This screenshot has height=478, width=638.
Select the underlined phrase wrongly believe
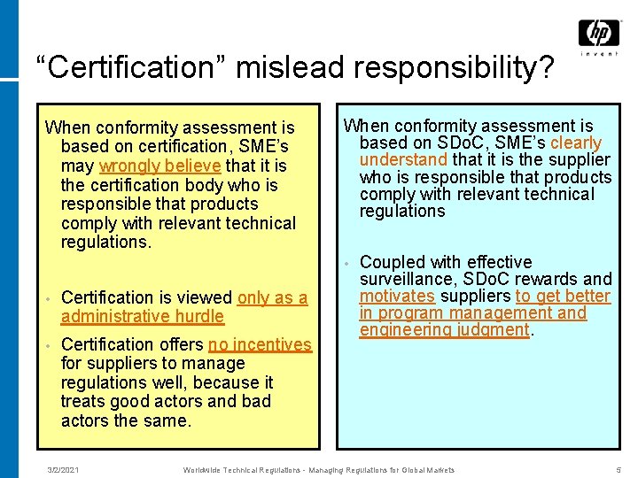[x=159, y=166]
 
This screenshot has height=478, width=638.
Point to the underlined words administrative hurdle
[x=142, y=316]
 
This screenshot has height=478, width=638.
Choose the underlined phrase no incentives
[x=260, y=344]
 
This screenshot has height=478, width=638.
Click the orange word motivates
[x=397, y=296]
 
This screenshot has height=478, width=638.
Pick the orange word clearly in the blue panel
[x=576, y=143]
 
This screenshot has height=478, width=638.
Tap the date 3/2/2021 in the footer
[x=63, y=470]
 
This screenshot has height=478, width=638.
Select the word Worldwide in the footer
[x=205, y=470]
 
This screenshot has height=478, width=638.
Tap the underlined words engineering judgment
[x=444, y=329]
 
